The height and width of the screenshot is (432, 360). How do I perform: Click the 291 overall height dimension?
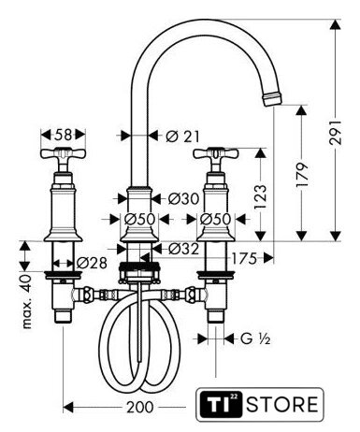(336, 132)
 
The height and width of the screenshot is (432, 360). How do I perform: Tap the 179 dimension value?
(302, 175)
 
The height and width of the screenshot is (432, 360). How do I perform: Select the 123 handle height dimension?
(260, 197)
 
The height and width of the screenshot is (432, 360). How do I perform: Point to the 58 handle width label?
(64, 135)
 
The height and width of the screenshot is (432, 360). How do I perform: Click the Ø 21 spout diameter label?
(182, 137)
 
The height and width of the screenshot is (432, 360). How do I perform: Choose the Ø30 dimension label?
(183, 198)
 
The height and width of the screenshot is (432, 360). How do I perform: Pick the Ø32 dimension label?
(183, 249)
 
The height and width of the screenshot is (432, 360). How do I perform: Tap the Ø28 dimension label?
(92, 263)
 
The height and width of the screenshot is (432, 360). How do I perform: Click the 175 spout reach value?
(244, 258)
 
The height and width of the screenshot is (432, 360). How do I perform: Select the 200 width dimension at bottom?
(140, 407)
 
